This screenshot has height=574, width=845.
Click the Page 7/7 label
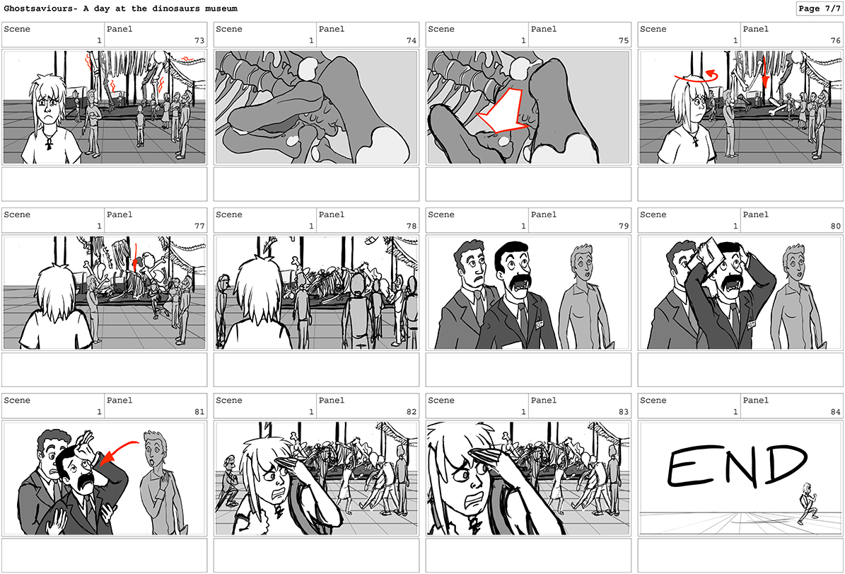click(819, 8)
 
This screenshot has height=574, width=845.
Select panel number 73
click(199, 40)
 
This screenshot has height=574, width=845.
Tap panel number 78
click(412, 226)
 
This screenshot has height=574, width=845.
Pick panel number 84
click(836, 412)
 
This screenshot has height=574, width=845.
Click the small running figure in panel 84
click(807, 503)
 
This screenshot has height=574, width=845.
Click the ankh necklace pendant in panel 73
click(49, 143)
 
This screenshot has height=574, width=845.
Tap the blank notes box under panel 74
click(316, 184)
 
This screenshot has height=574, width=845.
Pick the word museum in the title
click(221, 8)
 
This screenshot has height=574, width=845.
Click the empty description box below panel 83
click(528, 555)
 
